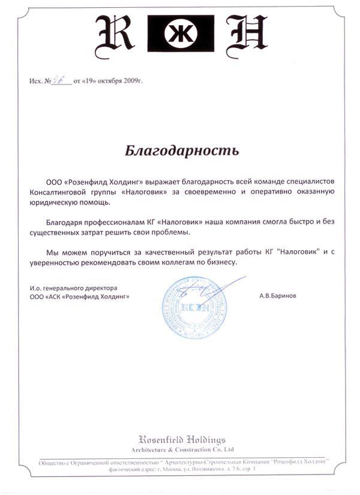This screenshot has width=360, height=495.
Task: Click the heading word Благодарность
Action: pos(182,150)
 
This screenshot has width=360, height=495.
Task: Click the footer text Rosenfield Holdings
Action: pos(182,440)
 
